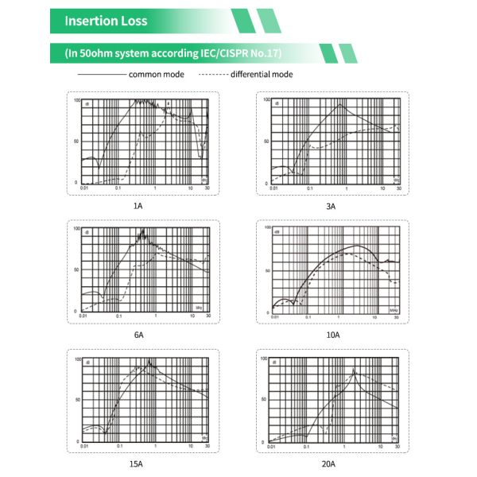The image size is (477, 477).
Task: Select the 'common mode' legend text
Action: point(157,74)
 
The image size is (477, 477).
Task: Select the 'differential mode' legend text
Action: point(262,74)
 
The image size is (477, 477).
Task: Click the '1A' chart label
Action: point(138,205)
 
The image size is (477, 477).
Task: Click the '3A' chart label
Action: point(332,205)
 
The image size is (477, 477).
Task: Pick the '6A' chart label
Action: point(138,335)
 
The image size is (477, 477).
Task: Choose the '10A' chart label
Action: point(333,335)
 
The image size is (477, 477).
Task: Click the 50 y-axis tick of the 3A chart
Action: point(268,142)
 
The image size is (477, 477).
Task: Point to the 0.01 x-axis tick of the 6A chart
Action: point(83,317)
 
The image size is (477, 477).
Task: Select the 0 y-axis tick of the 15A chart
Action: point(77,441)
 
